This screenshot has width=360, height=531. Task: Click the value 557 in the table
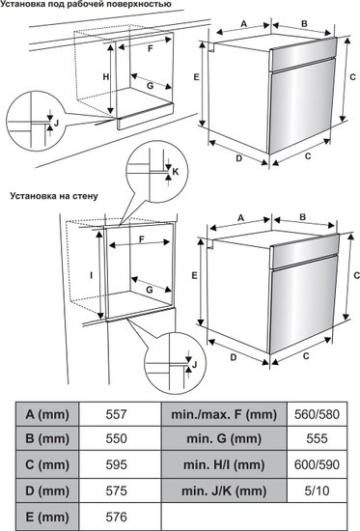pyautogui.click(x=116, y=414)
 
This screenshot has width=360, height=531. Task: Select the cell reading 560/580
pyautogui.click(x=317, y=414)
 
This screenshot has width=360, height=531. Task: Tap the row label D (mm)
pyautogui.click(x=47, y=490)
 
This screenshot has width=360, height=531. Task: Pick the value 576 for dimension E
pyautogui.click(x=116, y=517)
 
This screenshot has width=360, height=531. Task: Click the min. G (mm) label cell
pyautogui.click(x=224, y=438)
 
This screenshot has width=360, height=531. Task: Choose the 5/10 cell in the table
pyautogui.click(x=317, y=490)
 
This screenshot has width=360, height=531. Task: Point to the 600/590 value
pyautogui.click(x=317, y=464)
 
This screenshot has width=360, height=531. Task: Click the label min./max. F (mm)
pyautogui.click(x=224, y=414)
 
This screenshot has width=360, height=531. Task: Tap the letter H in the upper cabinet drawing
pyautogui.click(x=106, y=77)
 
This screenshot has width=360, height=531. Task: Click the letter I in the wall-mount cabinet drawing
pyautogui.click(x=91, y=275)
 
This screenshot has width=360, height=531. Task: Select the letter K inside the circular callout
pyautogui.click(x=175, y=172)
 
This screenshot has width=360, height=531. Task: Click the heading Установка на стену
pyautogui.click(x=54, y=196)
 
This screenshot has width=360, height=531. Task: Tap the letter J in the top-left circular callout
pyautogui.click(x=56, y=123)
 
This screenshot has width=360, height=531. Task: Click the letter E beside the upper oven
pyautogui.click(x=196, y=77)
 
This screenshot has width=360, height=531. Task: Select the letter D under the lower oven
pyautogui.click(x=234, y=357)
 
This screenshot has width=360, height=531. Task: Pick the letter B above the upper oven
pyautogui.click(x=304, y=24)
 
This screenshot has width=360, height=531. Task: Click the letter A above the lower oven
pyautogui.click(x=240, y=218)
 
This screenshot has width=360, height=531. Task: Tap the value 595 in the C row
pyautogui.click(x=116, y=464)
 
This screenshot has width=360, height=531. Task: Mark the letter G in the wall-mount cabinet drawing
pyautogui.click(x=149, y=290)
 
